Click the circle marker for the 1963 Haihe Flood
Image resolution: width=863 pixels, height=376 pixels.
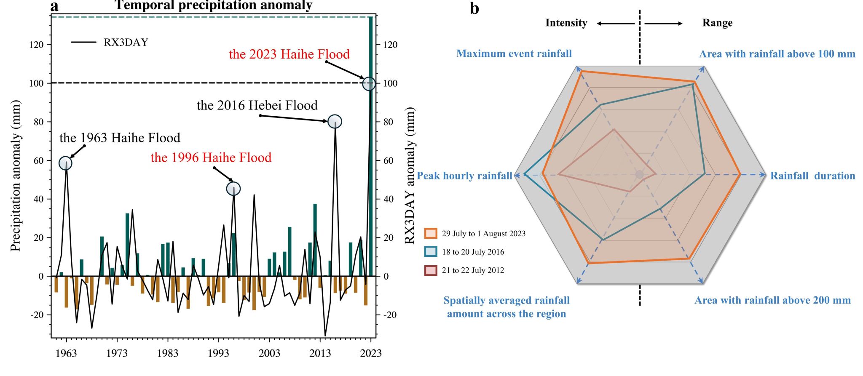pyautogui.click(x=65, y=163)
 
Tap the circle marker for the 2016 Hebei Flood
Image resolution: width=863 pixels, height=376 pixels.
pyautogui.click(x=335, y=121)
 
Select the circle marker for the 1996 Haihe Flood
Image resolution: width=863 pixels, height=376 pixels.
pyautogui.click(x=233, y=189)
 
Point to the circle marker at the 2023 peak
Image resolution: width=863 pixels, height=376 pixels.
pyautogui.click(x=369, y=84)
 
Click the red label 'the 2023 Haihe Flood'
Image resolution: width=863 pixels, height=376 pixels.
pyautogui.click(x=289, y=54)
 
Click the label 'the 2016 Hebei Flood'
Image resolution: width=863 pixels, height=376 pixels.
pyautogui.click(x=257, y=105)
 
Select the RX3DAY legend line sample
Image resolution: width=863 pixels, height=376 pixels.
pyautogui.click(x=83, y=42)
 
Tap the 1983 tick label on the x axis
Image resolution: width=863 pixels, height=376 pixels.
pyautogui.click(x=167, y=353)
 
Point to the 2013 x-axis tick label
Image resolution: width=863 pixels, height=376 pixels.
pyautogui.click(x=320, y=353)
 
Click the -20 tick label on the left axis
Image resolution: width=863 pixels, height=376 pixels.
pyautogui.click(x=36, y=315)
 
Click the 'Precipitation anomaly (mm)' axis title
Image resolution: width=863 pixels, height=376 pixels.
pyautogui.click(x=16, y=176)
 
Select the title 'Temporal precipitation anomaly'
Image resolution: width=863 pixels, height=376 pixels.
pyautogui.click(x=213, y=5)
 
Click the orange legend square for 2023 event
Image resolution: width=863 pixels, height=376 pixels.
pyautogui.click(x=431, y=234)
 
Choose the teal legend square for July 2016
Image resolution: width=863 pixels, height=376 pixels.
pyautogui.click(x=431, y=252)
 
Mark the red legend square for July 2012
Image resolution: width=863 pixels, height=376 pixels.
pyautogui.click(x=431, y=270)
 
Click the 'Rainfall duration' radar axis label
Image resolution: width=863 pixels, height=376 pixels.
pyautogui.click(x=812, y=176)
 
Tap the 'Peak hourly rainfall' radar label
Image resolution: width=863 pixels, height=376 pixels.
pyautogui.click(x=464, y=176)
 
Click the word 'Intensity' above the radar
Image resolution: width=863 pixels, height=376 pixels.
pyautogui.click(x=566, y=23)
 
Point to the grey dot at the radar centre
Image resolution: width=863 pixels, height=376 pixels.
pyautogui.click(x=639, y=174)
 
